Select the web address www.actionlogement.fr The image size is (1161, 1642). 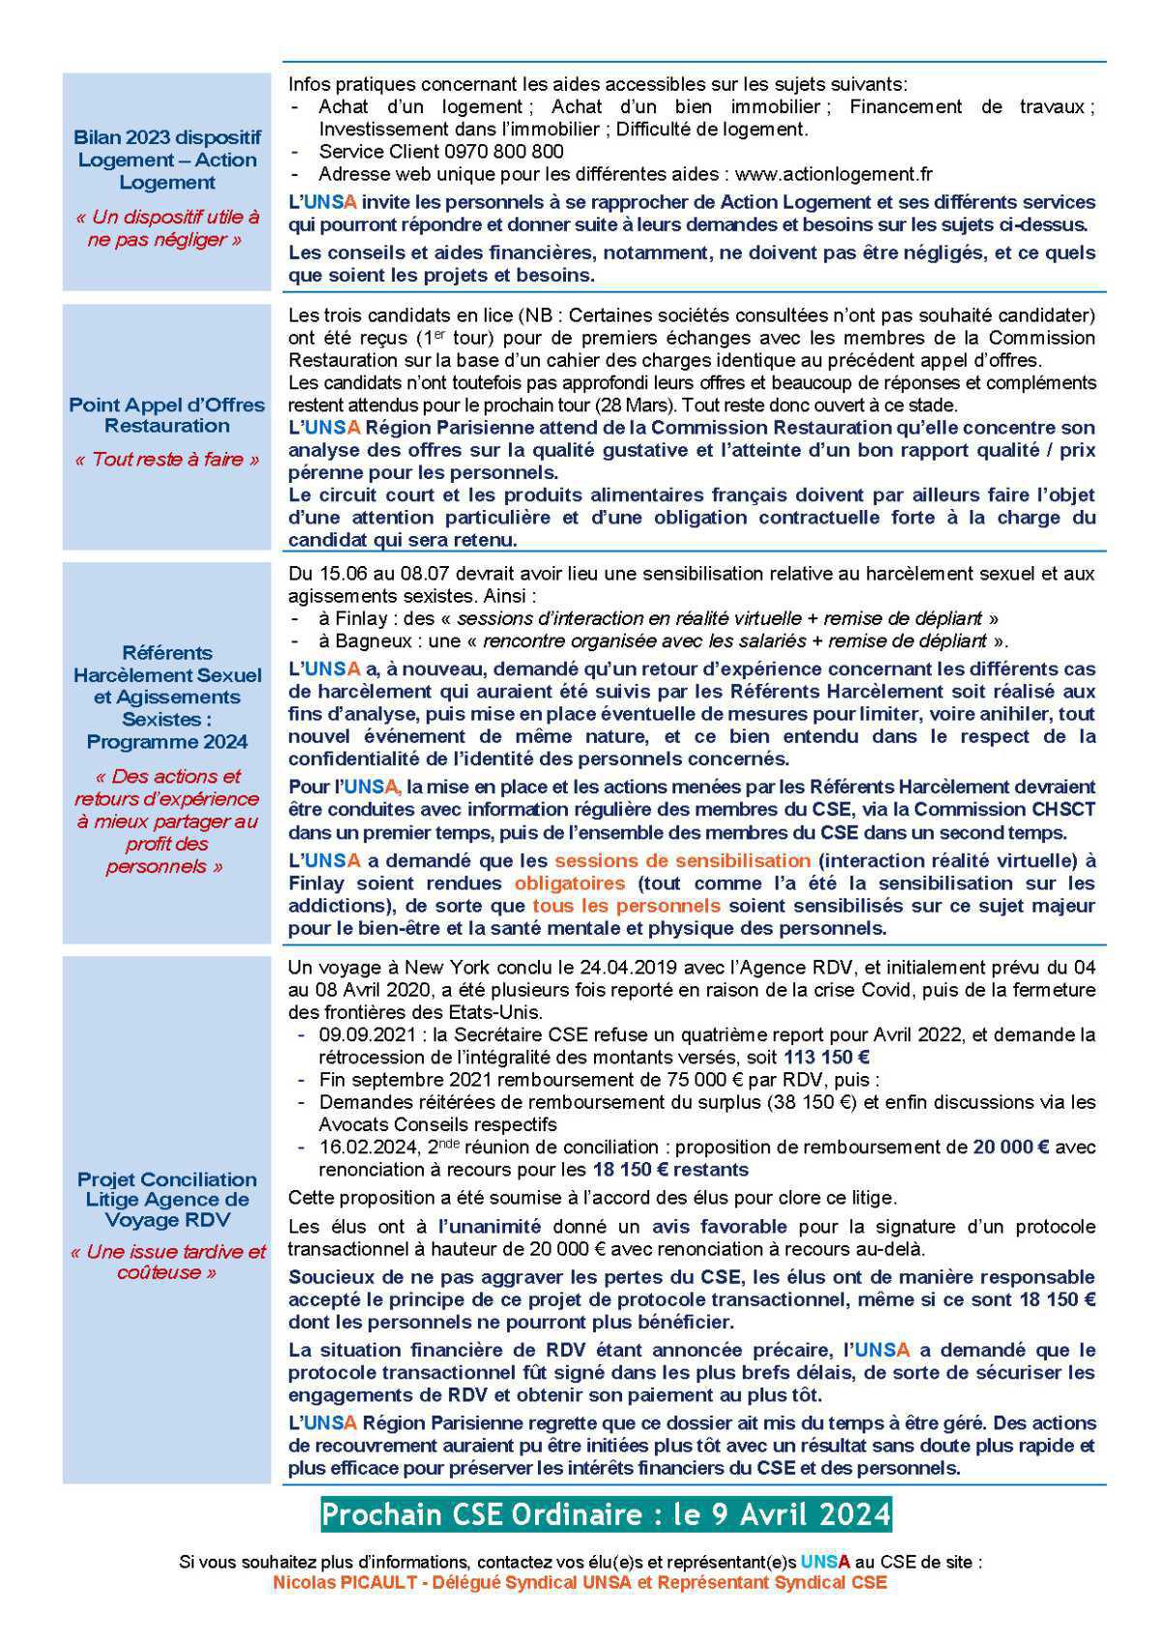833,174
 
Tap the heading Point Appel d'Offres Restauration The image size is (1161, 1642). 166,415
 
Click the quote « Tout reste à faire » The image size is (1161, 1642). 166,460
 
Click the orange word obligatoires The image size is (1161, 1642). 569,883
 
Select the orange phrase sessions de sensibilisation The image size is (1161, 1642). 682,861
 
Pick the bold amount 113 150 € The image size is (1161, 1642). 826,1058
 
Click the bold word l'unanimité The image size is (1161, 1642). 490,1227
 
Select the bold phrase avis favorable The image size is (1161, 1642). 719,1227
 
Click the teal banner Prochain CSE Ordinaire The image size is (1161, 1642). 606,1514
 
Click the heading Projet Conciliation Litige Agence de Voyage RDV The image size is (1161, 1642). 166,1200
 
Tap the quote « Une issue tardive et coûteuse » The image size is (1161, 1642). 166,1262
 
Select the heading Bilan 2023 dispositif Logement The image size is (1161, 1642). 166,160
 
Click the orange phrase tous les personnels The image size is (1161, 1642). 626,906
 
